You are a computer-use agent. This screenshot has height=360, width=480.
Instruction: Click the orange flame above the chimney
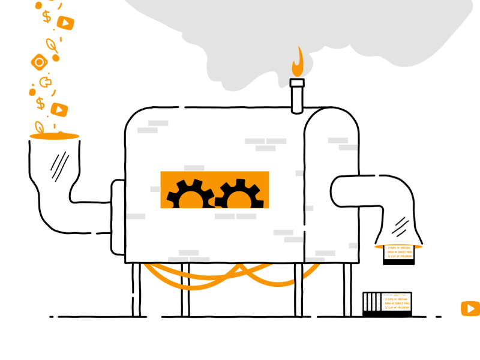tap(298, 63)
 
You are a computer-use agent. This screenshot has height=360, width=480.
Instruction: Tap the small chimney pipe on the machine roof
tap(297, 96)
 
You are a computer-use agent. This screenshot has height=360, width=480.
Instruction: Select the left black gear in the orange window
tap(190, 194)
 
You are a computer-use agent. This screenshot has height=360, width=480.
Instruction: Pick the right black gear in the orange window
tap(239, 194)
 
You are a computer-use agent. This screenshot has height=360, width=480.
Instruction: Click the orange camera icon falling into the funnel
tap(39, 62)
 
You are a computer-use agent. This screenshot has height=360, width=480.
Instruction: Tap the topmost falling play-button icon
tap(65, 23)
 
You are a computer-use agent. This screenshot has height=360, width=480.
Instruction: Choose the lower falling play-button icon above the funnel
tap(59, 109)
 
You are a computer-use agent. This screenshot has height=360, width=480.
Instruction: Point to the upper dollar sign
tap(47, 16)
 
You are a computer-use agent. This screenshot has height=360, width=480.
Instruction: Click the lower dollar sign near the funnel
tap(40, 103)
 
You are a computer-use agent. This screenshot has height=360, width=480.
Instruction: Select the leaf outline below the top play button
tap(52, 44)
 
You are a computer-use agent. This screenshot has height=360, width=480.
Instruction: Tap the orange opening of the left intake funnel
tap(54, 136)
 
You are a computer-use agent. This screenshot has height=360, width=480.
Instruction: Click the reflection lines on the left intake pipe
tap(59, 166)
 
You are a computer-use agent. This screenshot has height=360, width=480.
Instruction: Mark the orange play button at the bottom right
tap(470, 308)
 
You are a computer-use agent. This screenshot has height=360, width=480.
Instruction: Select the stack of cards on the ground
tap(387, 304)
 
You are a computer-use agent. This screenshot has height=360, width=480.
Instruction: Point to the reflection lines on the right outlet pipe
tap(400, 226)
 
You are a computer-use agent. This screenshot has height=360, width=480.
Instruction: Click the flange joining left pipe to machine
tap(118, 216)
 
